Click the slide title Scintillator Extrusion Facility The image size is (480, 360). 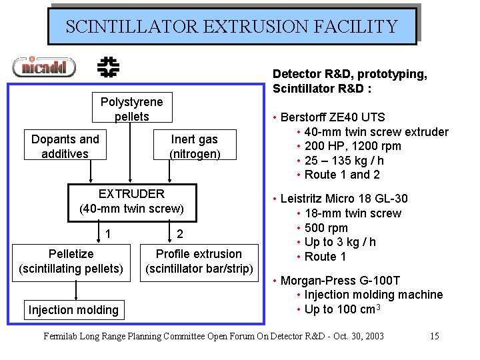[231, 27]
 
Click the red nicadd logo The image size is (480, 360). [44, 67]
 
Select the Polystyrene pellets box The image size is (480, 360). [131, 109]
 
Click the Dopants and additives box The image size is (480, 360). [65, 147]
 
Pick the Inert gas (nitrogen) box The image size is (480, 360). [194, 147]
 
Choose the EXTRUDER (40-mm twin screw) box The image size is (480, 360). [131, 201]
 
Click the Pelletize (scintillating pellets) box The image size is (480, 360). [71, 261]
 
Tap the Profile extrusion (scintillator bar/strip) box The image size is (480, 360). [199, 261]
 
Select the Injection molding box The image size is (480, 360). [73, 309]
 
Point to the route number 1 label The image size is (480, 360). [107, 234]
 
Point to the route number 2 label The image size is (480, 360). [179, 234]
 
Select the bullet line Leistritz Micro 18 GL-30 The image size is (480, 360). [344, 199]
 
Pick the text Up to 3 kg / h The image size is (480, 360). [340, 242]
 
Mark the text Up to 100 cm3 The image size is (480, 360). [342, 309]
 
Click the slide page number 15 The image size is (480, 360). [434, 335]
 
